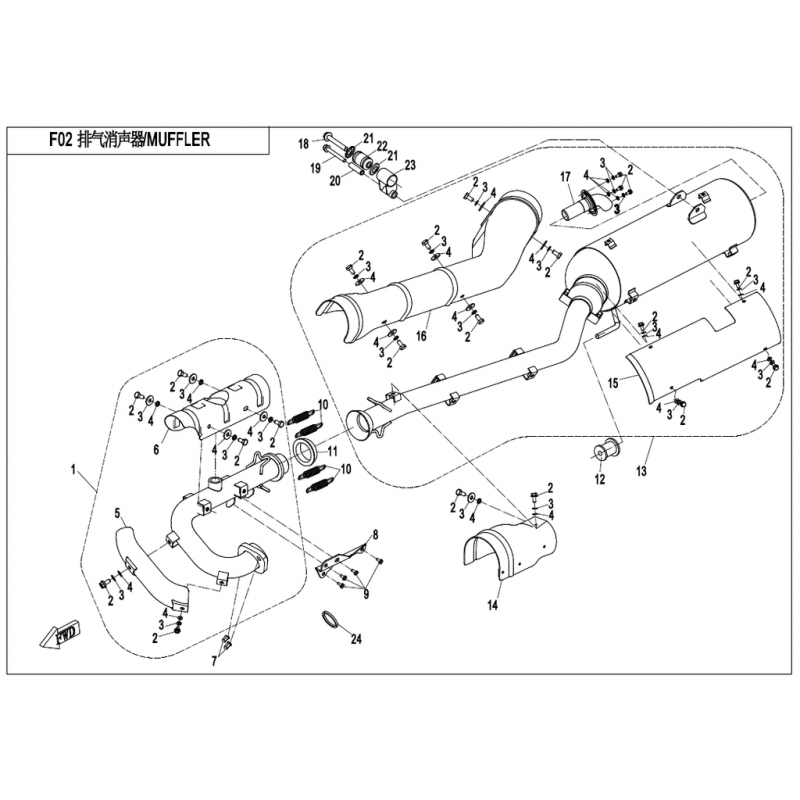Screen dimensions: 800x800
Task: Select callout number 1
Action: click(73, 467)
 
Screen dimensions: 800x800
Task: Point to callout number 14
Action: click(492, 606)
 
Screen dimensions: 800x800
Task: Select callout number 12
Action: click(600, 480)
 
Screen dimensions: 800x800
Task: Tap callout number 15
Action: click(614, 382)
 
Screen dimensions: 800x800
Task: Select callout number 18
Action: click(304, 144)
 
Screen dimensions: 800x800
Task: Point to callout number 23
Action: click(409, 165)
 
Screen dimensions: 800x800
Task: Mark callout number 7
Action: click(213, 661)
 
